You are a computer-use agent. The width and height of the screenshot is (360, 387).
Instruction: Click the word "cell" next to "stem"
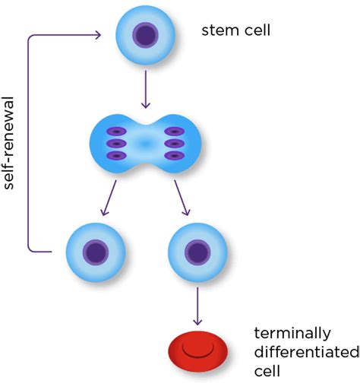click(x=257, y=30)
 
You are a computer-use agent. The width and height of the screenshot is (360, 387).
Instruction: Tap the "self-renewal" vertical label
click(x=9, y=143)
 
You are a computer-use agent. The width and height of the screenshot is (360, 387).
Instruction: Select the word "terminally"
click(x=292, y=333)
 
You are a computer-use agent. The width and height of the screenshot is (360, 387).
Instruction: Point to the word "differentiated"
click(x=307, y=352)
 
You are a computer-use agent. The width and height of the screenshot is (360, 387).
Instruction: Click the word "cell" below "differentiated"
click(x=267, y=371)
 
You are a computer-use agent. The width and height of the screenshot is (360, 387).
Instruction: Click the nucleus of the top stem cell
click(x=146, y=35)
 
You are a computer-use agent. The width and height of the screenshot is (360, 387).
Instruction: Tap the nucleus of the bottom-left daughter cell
click(x=96, y=252)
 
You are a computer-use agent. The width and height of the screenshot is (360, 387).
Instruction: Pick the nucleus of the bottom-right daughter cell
click(x=197, y=252)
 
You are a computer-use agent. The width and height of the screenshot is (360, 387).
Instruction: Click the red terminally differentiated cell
click(x=198, y=351)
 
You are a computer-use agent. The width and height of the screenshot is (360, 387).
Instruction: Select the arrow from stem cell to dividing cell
click(x=146, y=89)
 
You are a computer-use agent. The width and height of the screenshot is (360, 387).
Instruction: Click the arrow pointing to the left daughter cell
click(x=108, y=198)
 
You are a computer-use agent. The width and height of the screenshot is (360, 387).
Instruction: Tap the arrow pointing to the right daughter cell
click(x=182, y=198)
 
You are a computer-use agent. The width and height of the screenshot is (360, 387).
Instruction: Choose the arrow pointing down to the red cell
click(x=197, y=306)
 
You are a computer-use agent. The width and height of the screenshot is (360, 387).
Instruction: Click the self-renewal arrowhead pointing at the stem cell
click(x=98, y=35)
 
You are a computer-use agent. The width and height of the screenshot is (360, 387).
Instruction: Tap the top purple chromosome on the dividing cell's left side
click(x=116, y=132)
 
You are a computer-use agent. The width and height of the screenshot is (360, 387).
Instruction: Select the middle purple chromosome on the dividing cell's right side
click(x=174, y=144)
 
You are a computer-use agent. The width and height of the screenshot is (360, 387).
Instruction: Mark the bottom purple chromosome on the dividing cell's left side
click(x=116, y=156)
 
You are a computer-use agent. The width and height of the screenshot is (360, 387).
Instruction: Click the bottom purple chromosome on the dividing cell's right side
click(x=174, y=156)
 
